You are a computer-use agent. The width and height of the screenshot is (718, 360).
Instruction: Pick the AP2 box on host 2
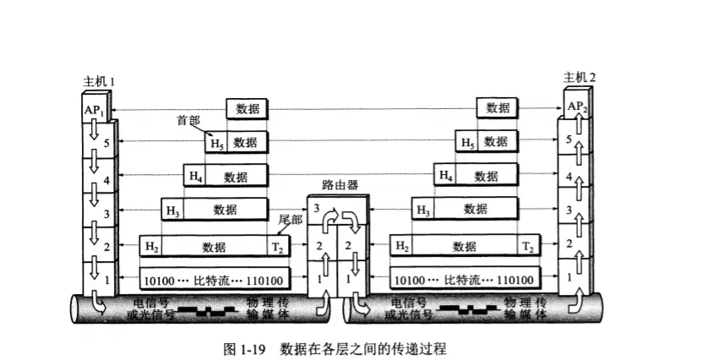(x=577, y=106)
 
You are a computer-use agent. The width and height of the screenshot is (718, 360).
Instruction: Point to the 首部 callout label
(x=187, y=120)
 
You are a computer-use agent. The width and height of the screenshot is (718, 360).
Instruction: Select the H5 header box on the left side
(x=217, y=142)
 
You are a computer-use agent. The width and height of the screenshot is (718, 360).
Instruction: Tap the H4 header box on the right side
(x=445, y=176)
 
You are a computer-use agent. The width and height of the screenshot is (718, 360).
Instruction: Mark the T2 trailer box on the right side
(x=527, y=247)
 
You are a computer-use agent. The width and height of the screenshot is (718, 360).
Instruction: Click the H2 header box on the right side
(x=402, y=247)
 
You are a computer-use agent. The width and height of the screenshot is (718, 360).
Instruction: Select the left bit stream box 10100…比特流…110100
(x=213, y=279)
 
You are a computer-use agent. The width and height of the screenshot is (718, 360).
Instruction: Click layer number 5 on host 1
(x=106, y=144)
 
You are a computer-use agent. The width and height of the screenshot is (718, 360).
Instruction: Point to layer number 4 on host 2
(x=569, y=177)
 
